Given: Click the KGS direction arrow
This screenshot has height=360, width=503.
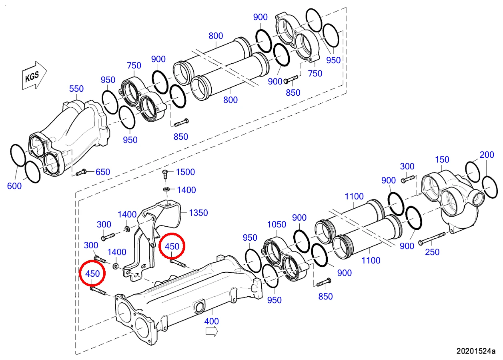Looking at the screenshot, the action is [34, 75].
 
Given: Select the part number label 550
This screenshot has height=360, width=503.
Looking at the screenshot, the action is [76, 89].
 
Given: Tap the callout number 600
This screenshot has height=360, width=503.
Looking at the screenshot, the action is [14, 186].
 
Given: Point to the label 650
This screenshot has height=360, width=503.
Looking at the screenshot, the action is [103, 172].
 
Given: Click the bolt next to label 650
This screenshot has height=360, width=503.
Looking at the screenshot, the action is [81, 172].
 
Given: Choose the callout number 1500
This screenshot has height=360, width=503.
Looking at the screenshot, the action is [186, 172].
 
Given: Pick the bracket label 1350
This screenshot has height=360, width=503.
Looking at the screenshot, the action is [198, 213].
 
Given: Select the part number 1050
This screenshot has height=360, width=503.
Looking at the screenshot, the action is [277, 225].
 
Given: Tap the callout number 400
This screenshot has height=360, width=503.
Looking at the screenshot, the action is [212, 321].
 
